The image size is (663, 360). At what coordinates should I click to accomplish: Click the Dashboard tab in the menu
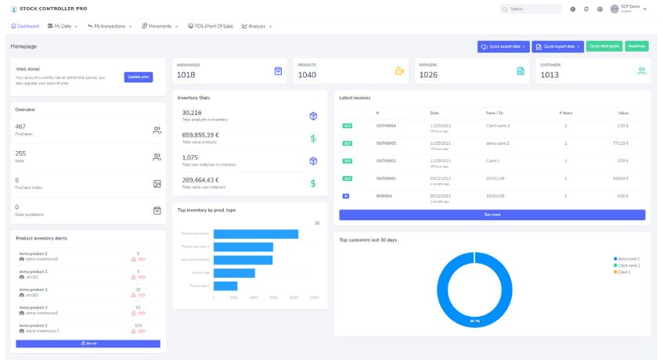[25, 26]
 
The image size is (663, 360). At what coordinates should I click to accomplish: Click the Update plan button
[139, 77]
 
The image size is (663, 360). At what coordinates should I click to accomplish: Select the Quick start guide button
[604, 46]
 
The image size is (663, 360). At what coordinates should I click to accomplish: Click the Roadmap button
[636, 46]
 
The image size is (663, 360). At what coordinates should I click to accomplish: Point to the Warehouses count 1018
[186, 75]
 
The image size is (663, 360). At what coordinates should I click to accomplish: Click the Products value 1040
[307, 75]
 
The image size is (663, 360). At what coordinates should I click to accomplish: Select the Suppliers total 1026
[428, 75]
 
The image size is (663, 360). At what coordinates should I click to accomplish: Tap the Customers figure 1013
[549, 75]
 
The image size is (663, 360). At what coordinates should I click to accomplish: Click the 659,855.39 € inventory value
[200, 135]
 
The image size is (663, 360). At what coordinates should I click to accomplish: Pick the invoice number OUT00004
[386, 125]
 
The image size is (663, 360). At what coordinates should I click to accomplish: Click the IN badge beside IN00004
[346, 195]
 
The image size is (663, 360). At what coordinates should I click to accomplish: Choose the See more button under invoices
[492, 214]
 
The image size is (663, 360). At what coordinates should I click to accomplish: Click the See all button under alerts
[88, 344]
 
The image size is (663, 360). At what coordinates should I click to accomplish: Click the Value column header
[623, 113]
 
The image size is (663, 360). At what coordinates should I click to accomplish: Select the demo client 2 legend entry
[628, 258]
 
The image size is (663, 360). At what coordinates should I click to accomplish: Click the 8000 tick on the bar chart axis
[294, 297]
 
